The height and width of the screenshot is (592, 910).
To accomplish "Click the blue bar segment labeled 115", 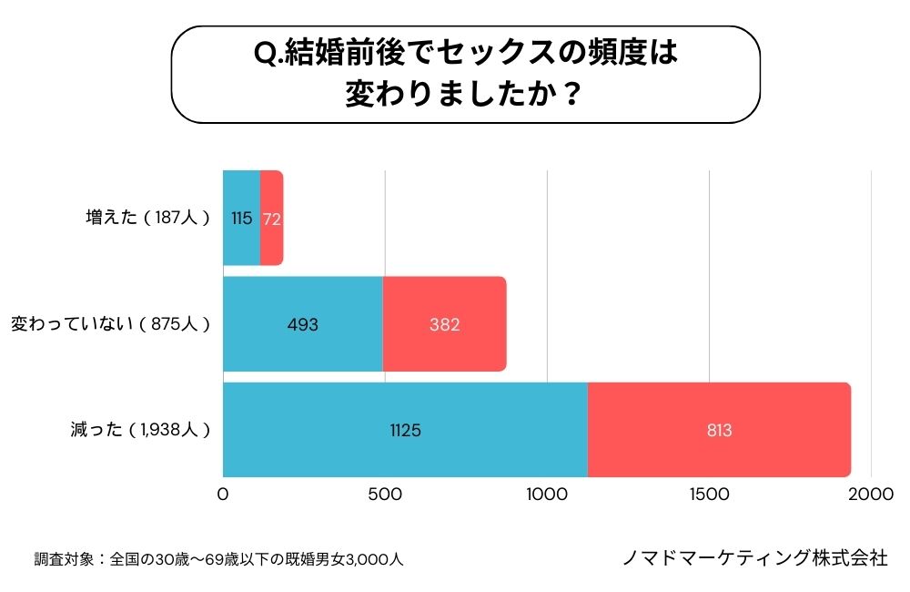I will click(241, 219).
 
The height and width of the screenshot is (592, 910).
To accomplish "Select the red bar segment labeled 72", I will click(272, 219).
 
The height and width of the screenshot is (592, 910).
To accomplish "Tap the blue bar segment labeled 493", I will click(302, 324).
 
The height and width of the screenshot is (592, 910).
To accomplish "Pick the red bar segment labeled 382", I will click(444, 324).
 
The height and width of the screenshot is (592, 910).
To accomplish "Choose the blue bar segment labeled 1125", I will click(405, 430).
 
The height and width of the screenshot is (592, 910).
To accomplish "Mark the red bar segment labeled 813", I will click(719, 430).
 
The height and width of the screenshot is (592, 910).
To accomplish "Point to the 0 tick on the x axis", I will click(223, 494).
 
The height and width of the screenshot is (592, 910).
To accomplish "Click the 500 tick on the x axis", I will click(385, 494).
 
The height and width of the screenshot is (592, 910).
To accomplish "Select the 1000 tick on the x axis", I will click(547, 494).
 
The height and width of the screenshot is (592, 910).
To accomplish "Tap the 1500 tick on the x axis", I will click(709, 494).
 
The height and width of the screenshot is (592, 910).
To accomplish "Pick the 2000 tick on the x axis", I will click(871, 494).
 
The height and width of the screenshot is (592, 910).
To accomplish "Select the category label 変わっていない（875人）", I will click(110, 324).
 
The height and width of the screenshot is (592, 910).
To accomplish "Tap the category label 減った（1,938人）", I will click(140, 430).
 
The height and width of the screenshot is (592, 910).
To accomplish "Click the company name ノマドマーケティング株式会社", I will click(754, 558).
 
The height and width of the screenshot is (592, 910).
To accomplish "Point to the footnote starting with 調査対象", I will click(218, 559).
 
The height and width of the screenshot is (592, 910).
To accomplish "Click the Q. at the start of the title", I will click(268, 56).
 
